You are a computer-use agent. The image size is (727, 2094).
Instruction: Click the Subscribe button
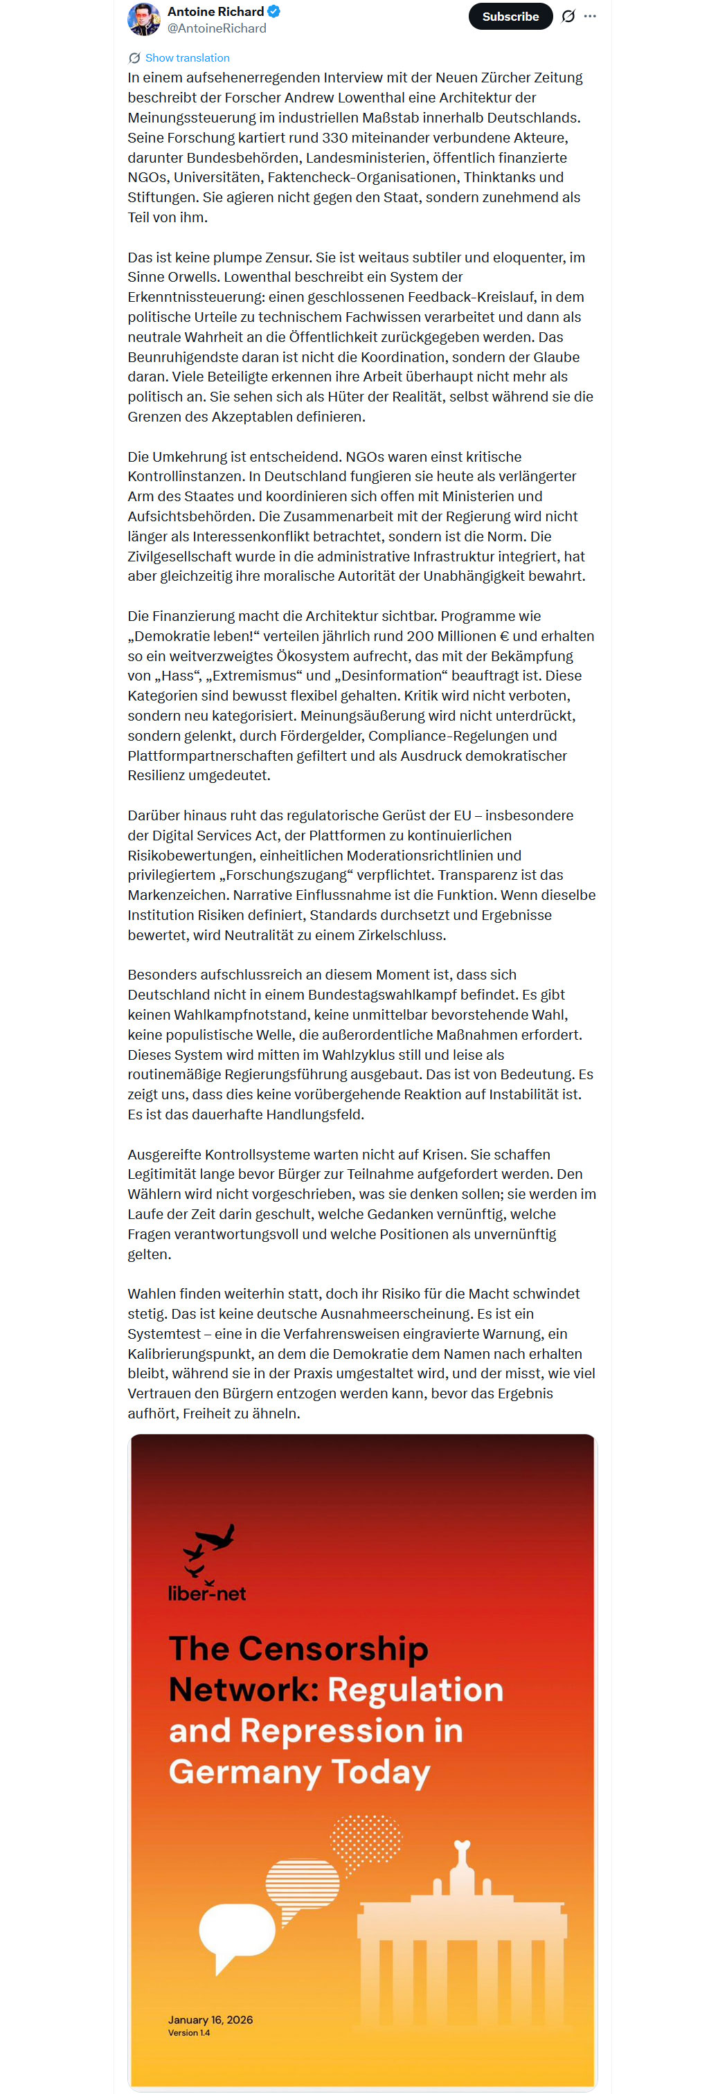510,16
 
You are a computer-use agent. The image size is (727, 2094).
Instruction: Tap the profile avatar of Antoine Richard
144,19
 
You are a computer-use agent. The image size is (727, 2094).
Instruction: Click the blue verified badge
275,11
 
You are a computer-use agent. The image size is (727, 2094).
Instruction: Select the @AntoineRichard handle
217,28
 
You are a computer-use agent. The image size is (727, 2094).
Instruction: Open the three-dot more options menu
591,16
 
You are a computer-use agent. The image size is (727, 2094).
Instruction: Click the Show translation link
187,57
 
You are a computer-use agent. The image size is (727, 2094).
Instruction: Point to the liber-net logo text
206,1594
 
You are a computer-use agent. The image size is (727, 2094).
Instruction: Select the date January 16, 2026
210,2020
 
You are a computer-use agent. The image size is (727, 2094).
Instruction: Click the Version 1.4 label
188,2033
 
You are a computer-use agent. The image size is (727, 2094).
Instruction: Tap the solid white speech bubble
237,1931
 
